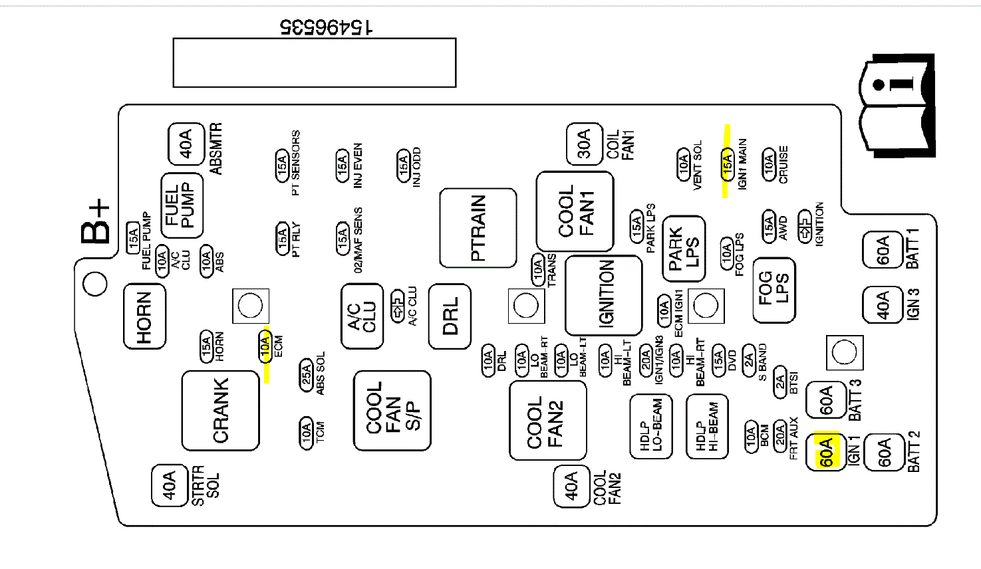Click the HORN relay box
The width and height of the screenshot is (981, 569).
(x=144, y=316)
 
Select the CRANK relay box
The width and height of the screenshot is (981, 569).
(x=220, y=410)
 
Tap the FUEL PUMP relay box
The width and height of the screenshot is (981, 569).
(x=182, y=205)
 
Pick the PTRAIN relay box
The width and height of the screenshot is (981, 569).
(x=478, y=228)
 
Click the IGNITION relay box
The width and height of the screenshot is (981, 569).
(x=603, y=294)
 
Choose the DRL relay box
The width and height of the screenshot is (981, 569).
(x=450, y=316)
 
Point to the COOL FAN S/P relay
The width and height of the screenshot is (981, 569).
(x=392, y=410)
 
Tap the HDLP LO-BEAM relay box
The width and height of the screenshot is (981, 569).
(x=651, y=426)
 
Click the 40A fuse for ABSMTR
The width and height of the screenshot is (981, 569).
(x=186, y=144)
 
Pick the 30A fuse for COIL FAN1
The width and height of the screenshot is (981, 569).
(x=583, y=144)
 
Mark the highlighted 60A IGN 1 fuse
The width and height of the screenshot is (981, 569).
(x=825, y=452)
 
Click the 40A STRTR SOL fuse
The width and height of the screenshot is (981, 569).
(x=170, y=485)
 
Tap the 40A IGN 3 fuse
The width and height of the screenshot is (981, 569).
(x=883, y=305)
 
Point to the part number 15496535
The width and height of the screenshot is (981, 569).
(x=326, y=27)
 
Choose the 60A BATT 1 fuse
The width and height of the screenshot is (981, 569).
(x=883, y=251)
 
